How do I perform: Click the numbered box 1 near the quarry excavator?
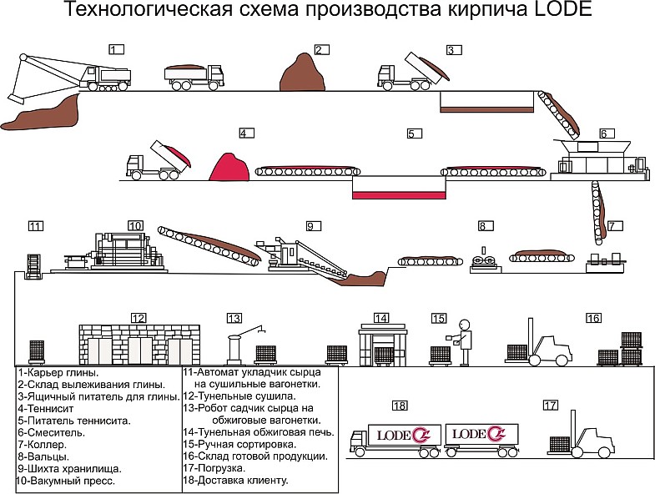(116, 49)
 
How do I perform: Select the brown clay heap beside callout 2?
(301, 73)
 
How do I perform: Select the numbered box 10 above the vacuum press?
(135, 225)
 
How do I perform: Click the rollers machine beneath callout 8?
(481, 260)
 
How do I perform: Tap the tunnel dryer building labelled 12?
(139, 344)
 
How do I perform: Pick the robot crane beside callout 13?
(239, 342)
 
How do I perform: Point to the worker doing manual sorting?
(463, 342)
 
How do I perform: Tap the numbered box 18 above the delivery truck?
(400, 406)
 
